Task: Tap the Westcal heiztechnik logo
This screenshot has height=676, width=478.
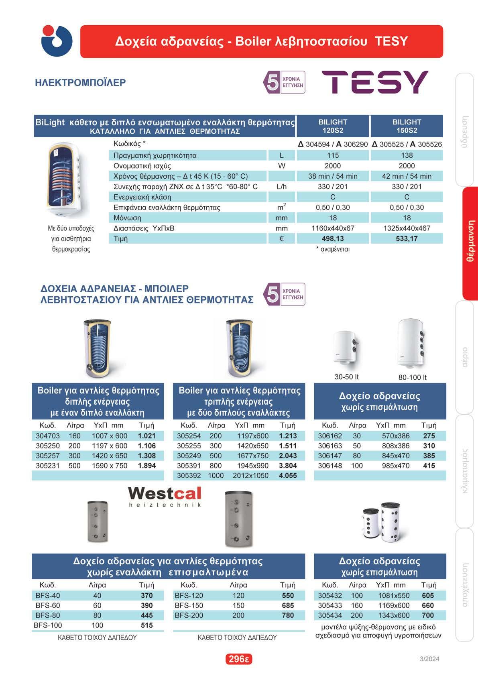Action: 165,497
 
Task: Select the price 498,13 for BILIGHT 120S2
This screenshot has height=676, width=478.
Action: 333,238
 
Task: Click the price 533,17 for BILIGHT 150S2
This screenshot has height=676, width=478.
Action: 407,238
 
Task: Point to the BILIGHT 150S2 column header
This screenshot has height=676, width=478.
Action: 407,126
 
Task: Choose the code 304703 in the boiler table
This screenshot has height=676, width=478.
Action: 48,436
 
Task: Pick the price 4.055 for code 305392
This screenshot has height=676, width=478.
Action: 288,475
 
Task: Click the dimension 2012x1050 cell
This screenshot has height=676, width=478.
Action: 250,475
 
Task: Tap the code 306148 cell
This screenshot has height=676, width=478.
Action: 330,466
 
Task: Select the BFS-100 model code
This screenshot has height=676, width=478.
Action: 48,625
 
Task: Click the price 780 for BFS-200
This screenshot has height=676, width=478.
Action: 288,615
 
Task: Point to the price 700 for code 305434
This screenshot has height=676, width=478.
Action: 428,615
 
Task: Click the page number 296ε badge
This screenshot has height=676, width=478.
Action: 238,659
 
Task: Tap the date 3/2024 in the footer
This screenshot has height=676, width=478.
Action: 429,659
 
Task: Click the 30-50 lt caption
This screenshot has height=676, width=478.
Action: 346,377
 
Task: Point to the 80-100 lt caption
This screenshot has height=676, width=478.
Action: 412,377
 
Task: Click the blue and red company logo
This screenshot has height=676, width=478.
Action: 57,41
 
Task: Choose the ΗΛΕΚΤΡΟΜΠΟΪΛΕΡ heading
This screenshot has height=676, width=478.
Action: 80,83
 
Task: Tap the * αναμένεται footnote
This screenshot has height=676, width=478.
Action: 333,249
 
